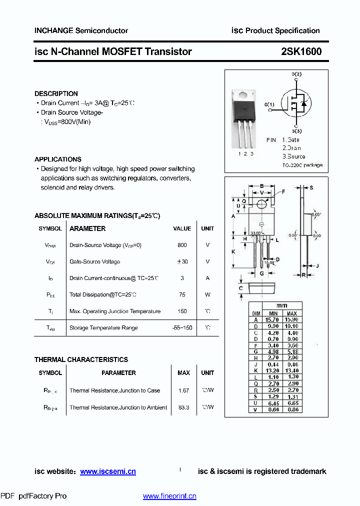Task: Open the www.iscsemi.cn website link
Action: [107, 471]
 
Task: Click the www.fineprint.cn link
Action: [169, 496]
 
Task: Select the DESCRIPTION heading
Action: [56, 93]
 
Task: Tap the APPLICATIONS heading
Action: [57, 159]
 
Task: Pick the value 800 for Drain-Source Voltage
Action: [182, 245]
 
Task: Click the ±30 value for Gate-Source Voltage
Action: [182, 261]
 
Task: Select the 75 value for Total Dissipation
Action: [182, 294]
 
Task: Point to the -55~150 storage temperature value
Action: [182, 327]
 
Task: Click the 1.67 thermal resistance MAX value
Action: [183, 390]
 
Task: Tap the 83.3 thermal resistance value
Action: [183, 407]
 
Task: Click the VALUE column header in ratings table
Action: [182, 228]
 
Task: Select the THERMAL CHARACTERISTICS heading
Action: [81, 359]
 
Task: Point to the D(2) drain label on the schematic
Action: [296, 74]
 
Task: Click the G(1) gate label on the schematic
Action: [269, 104]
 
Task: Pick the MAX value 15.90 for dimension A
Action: [292, 319]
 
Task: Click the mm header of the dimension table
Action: [282, 306]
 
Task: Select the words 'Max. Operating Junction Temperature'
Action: [115, 311]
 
